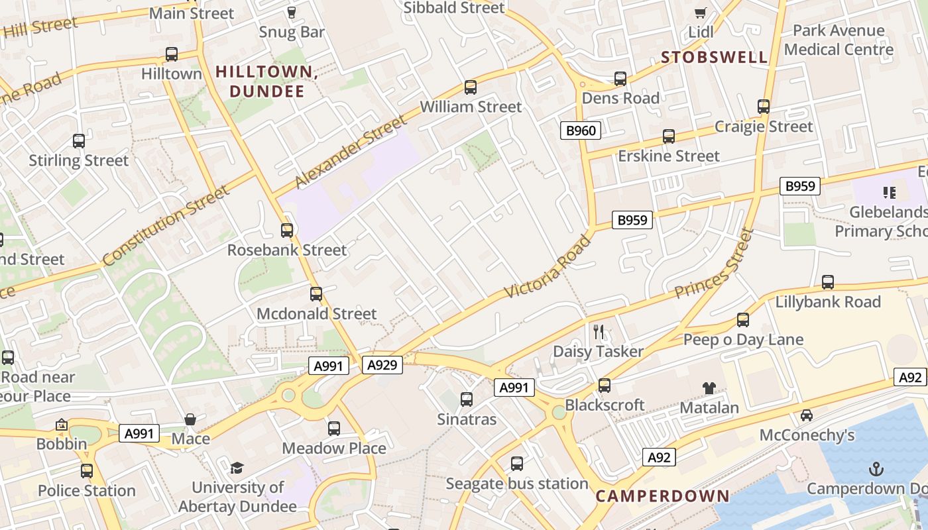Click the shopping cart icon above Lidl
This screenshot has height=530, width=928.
click(701, 13)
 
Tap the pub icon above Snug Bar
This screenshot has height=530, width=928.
click(291, 12)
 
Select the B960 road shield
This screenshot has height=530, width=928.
click(581, 131)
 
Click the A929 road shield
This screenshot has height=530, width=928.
click(382, 364)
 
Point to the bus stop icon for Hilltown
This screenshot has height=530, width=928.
click(172, 54)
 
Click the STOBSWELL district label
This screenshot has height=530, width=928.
click(714, 57)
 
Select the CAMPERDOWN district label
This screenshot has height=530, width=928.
click(662, 496)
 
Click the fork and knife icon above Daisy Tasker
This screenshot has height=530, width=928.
click(599, 331)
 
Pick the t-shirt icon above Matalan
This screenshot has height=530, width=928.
click(709, 388)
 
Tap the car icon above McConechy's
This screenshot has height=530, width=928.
click(807, 415)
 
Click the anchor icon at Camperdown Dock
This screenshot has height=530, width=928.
click(876, 470)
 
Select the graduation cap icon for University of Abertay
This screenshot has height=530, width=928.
click(237, 468)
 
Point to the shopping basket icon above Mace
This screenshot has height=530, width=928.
click(190, 419)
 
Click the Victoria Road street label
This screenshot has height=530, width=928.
click(547, 266)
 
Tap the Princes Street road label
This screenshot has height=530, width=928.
click(715, 264)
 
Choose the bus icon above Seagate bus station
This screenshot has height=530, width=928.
click(517, 464)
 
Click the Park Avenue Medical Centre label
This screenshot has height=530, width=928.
click(839, 40)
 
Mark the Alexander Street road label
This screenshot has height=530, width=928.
click(349, 152)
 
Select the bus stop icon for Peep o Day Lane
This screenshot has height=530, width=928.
click(743, 320)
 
